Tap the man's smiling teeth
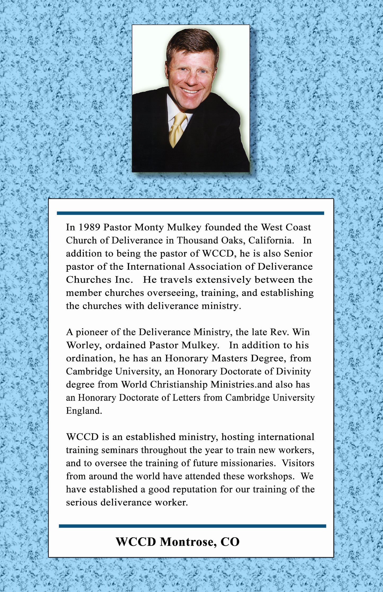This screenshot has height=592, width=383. (x=190, y=91)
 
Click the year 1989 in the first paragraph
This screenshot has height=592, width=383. (x=89, y=227)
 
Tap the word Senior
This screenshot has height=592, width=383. (x=298, y=253)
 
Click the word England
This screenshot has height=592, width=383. (x=84, y=411)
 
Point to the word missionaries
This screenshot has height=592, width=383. (x=247, y=463)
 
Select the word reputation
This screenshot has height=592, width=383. (x=183, y=489)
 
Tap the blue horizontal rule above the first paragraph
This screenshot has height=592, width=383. (x=190, y=213)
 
